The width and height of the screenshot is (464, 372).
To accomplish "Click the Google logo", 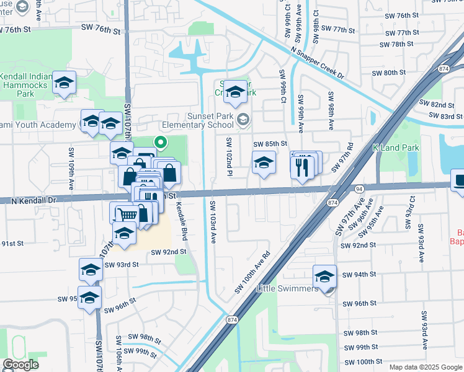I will (x=20, y=365).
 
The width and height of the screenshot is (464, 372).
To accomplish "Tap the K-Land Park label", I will (x=396, y=148).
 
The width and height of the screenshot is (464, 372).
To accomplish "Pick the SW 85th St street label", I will (x=270, y=144).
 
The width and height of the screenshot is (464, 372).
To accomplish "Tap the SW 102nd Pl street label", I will (x=229, y=151).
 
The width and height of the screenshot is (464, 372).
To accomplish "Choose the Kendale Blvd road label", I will (x=183, y=222).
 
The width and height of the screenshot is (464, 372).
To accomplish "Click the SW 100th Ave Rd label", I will (x=252, y=273).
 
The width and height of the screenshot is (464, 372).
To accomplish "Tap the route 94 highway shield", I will (x=359, y=188).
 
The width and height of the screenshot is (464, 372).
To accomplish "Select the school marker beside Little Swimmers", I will (x=324, y=275).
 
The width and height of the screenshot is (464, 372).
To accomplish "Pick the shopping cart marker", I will (x=127, y=214).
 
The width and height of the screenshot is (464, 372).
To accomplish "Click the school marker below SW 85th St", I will (x=264, y=164).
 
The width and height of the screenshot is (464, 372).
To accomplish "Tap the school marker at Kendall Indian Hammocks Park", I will (x=63, y=83).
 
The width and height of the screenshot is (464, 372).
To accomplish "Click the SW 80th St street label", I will (x=388, y=73).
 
